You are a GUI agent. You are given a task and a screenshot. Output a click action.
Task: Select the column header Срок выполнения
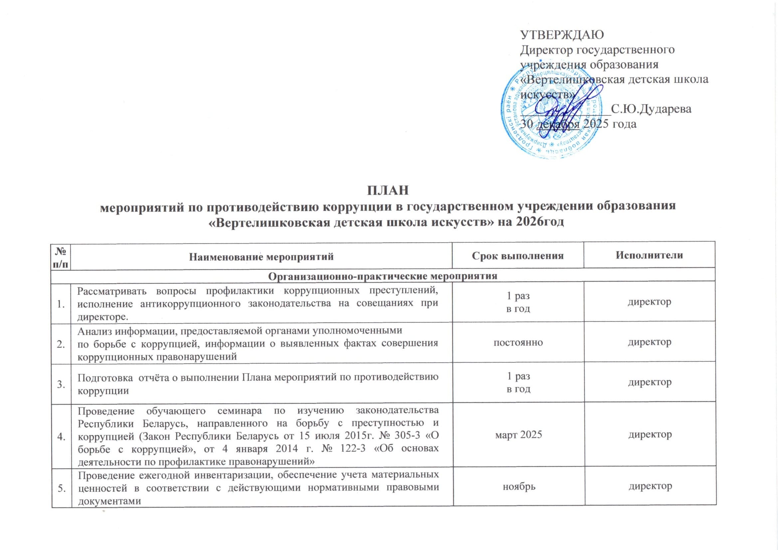[x=518, y=256]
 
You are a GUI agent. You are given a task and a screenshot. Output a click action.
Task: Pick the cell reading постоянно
[x=518, y=343]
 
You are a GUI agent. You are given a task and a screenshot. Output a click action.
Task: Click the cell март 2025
[x=518, y=435]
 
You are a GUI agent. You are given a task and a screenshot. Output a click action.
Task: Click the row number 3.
[x=61, y=383]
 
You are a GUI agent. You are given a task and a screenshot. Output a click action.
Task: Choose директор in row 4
[x=650, y=435]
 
